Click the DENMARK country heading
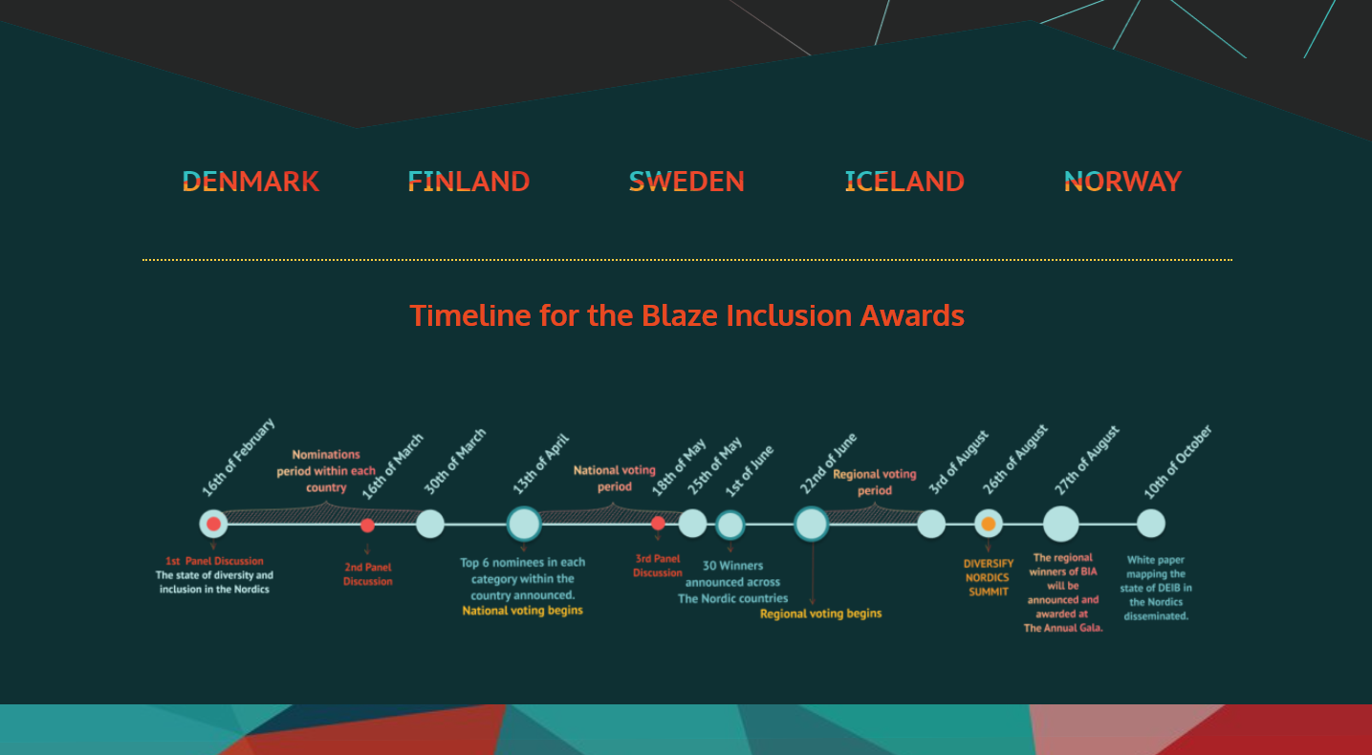[x=250, y=182]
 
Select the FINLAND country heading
[x=468, y=182]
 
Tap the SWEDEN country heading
[x=686, y=182]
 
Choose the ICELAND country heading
[x=904, y=182]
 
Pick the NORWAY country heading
[x=1122, y=182]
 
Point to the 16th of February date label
[x=238, y=457]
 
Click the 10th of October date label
[x=1178, y=462]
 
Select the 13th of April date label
[x=541, y=464]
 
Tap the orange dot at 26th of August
[x=988, y=524]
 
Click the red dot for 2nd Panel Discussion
[x=367, y=526]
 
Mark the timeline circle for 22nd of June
[x=812, y=524]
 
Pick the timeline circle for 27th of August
[x=1061, y=524]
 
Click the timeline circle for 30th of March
[x=430, y=524]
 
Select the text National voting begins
[x=522, y=611]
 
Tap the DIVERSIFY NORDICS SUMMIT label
[x=988, y=577]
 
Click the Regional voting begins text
[x=820, y=614]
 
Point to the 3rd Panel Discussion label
[x=657, y=566]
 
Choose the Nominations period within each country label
[x=326, y=471]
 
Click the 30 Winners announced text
[x=732, y=573]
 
